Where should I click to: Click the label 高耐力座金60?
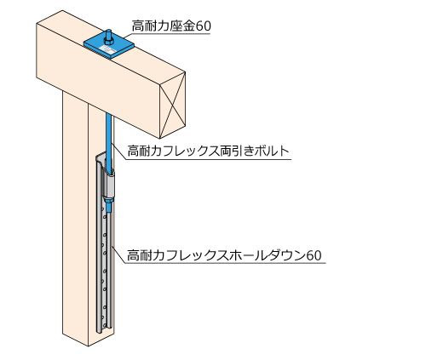tap(171, 26)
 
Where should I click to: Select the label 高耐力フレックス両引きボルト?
tap(208, 151)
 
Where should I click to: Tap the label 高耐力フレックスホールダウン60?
tap(224, 255)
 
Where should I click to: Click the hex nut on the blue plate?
tap(108, 42)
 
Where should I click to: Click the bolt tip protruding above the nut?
tap(109, 33)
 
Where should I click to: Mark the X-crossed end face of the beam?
tap(172, 105)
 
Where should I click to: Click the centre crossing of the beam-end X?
tap(172, 106)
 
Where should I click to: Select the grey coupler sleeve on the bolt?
tap(108, 185)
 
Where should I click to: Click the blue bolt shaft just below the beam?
tap(109, 125)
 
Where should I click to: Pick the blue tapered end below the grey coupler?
tap(109, 205)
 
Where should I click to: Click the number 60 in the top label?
tap(204, 26)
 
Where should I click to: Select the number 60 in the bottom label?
tap(314, 255)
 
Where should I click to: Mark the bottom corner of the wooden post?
tap(88, 346)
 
